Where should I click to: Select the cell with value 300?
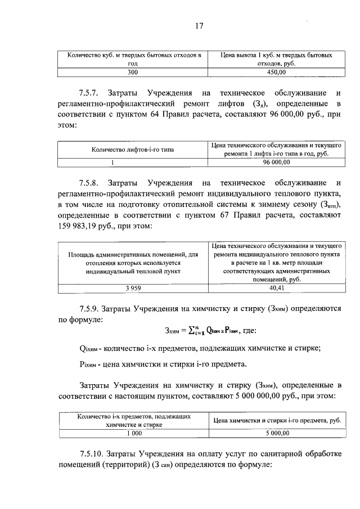(x=132, y=73)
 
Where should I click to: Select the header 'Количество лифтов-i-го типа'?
(x=132, y=150)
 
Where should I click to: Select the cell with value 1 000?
(x=133, y=433)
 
